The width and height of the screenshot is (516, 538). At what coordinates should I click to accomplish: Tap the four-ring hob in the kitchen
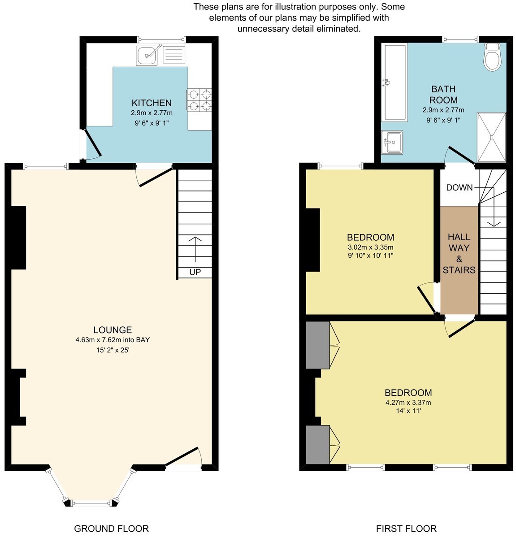(199, 100)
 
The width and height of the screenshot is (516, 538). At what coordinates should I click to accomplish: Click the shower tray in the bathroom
(492, 137)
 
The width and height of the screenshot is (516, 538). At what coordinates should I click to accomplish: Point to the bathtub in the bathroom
(395, 82)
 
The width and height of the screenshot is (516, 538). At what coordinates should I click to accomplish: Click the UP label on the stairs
(195, 272)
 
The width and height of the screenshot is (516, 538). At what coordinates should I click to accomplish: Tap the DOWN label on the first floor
(459, 187)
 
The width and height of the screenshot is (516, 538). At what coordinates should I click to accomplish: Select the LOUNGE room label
(113, 330)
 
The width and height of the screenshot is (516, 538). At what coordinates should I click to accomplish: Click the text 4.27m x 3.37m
(408, 403)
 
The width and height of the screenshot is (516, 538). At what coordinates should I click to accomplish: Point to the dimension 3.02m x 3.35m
(371, 247)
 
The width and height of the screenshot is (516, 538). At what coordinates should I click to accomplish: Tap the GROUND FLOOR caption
(111, 529)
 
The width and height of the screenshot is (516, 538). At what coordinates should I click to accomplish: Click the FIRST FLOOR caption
(406, 529)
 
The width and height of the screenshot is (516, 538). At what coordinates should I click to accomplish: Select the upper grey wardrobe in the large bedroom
(318, 345)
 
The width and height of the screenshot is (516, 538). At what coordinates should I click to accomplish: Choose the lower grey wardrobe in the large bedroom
(318, 445)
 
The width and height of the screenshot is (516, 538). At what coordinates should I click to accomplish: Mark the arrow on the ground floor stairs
(195, 249)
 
